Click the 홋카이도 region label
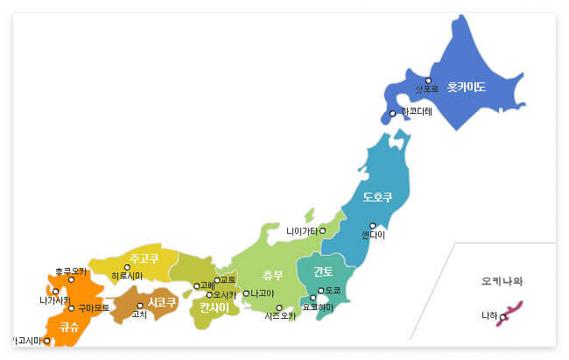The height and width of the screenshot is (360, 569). [466, 88]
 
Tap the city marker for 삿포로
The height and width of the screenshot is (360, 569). [428, 81]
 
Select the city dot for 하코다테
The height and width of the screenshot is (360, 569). [393, 113]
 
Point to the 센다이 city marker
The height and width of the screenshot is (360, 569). [373, 225]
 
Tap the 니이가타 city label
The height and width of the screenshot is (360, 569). [300, 231]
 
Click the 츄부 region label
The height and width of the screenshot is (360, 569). [273, 275]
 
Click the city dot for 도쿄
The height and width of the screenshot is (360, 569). [320, 290]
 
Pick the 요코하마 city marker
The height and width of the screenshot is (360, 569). [313, 298]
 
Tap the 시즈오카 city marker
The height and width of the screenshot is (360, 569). [279, 307]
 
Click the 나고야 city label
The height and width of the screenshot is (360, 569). [261, 293]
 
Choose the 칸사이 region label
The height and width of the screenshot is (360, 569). [214, 307]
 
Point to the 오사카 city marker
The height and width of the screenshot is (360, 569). [209, 295]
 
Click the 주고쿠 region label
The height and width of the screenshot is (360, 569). [144, 258]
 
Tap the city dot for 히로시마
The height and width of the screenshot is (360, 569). [127, 267]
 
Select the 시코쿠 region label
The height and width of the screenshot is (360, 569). [162, 302]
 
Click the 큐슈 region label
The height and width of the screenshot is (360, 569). [70, 328]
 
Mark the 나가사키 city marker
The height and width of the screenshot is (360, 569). [55, 291]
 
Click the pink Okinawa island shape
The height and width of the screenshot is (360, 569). [509, 313]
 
